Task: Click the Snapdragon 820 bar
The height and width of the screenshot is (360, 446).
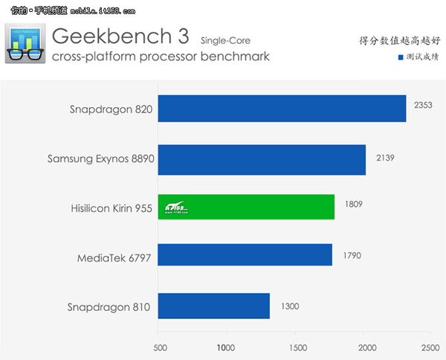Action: [282, 109]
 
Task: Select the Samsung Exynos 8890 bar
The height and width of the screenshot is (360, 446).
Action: [262, 158]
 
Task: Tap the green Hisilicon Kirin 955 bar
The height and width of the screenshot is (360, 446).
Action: [246, 208]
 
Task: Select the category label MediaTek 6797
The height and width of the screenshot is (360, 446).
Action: [116, 258]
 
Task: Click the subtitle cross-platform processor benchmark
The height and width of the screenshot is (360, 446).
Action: [161, 57]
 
